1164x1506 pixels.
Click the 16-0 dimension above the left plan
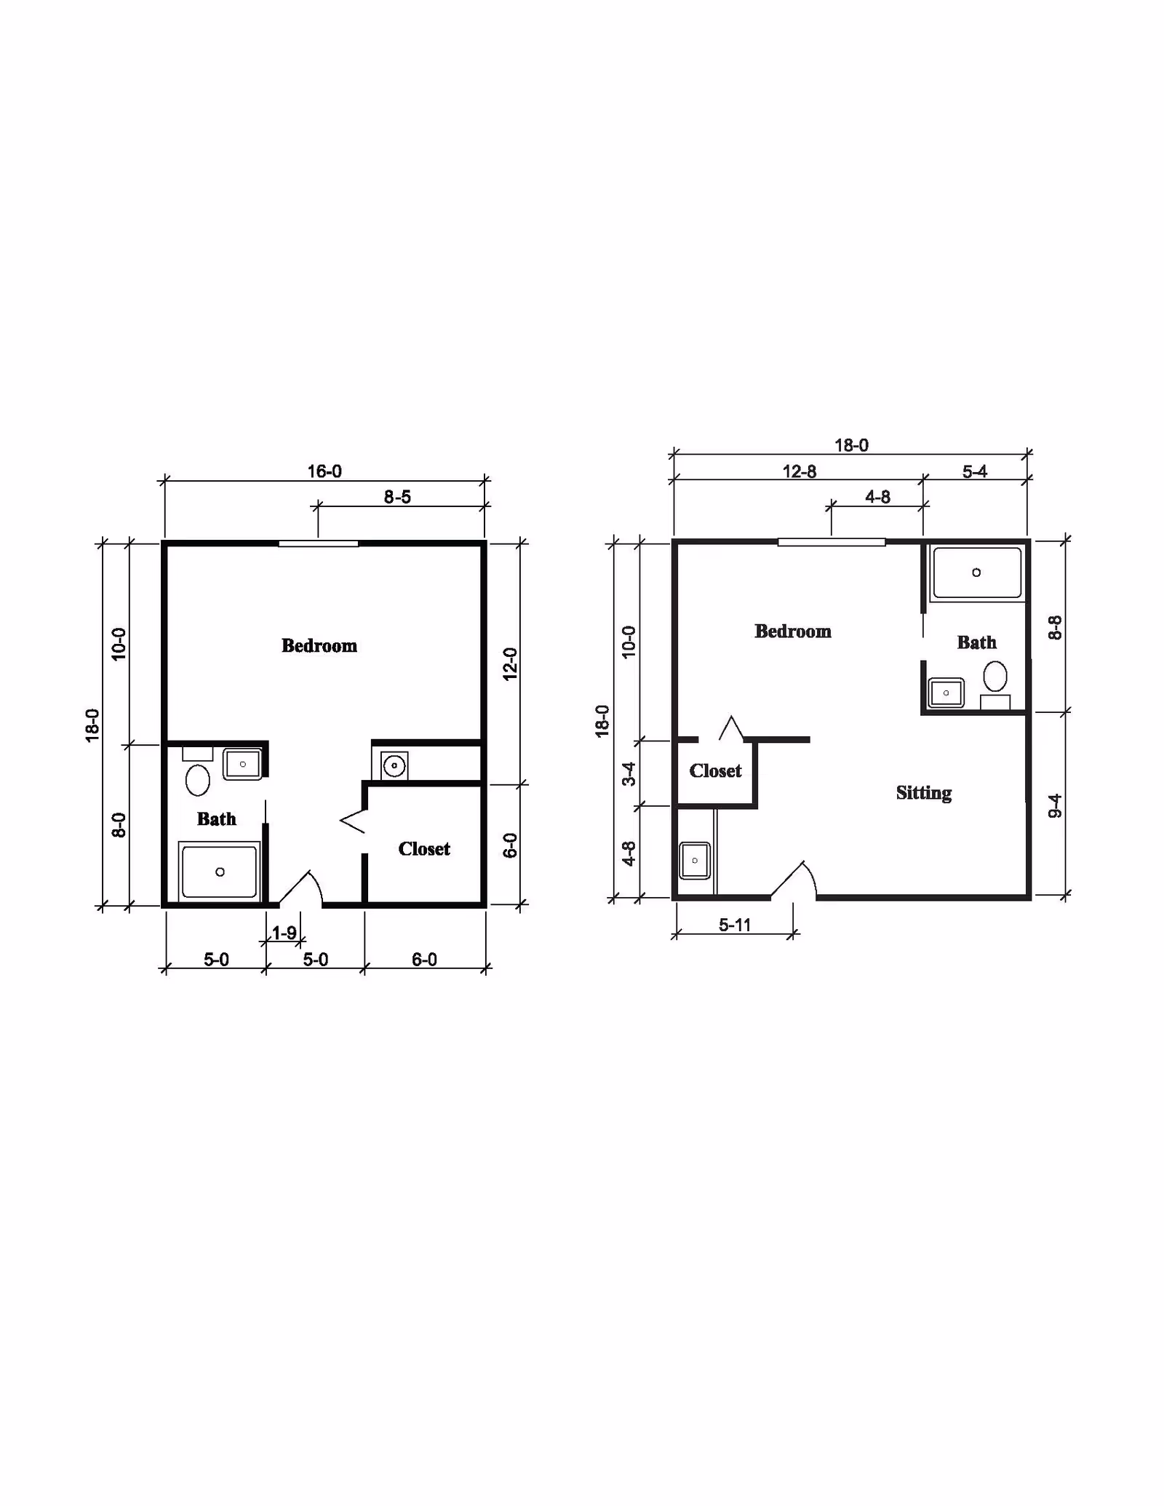pos(324,471)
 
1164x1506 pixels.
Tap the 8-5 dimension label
pos(397,497)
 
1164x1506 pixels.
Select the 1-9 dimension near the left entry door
pos(284,933)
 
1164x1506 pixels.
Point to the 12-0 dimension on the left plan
pos(510,664)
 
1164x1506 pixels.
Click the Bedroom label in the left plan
pos(319,645)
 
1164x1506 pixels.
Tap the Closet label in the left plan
pos(424,848)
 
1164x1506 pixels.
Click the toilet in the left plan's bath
pos(198,779)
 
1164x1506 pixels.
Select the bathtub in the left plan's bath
pos(220,871)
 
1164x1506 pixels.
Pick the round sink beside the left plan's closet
pos(394,766)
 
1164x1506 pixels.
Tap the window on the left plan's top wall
pos(319,543)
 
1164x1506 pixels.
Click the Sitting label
pos(923,792)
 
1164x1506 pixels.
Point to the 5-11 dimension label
pos(735,925)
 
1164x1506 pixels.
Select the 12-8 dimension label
pos(799,471)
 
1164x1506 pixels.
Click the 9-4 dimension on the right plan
pos(1055,805)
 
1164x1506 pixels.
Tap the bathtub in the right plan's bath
pos(976,573)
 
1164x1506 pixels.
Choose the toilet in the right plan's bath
pos(995,677)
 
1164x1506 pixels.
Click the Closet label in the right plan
pos(715,770)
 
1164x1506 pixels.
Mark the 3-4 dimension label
pos(629,773)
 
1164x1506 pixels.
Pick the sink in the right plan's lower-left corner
pos(694,861)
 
